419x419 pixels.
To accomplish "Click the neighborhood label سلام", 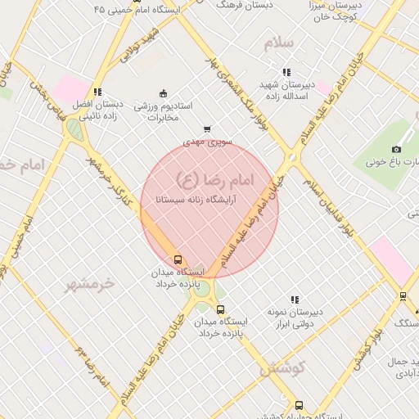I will click(278, 44).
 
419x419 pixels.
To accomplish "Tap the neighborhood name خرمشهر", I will click(92, 283).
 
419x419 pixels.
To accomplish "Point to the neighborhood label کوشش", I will click(282, 368).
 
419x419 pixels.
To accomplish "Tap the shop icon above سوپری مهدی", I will click(207, 128).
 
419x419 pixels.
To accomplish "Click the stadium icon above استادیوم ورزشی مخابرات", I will click(163, 92).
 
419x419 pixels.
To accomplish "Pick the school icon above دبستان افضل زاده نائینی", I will click(97, 92).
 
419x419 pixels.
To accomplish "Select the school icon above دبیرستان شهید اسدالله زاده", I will click(286, 72).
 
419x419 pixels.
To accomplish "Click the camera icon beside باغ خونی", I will click(396, 149).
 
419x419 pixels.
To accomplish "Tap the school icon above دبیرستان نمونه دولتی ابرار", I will click(295, 300).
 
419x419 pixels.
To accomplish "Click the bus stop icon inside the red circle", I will click(178, 259).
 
